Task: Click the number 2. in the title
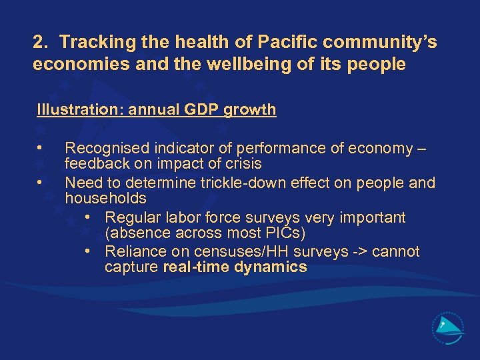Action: point(41,43)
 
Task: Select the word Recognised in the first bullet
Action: point(103,147)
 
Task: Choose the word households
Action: point(105,198)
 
